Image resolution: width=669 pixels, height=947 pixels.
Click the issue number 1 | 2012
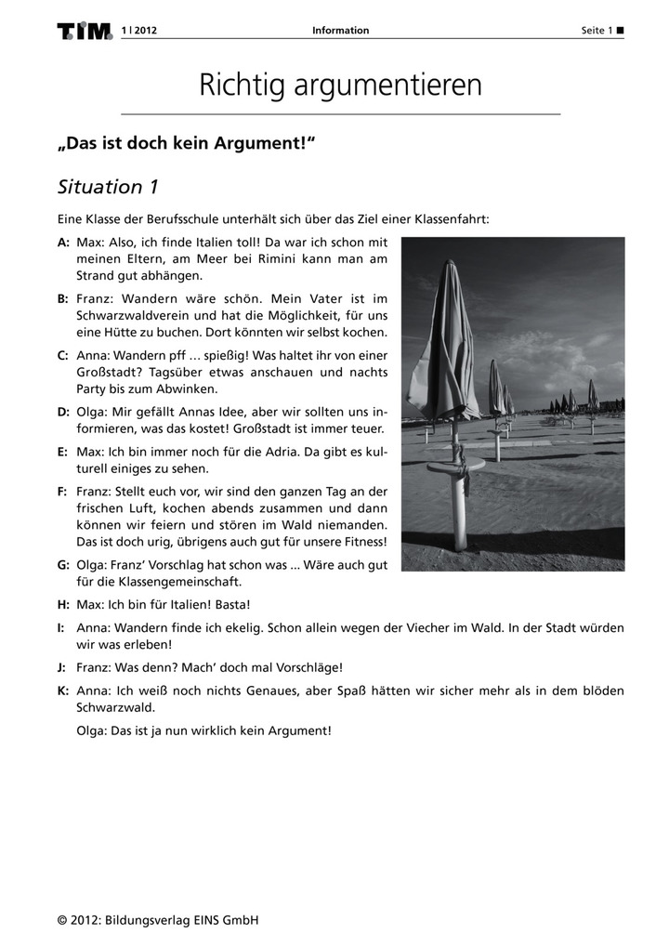[x=138, y=31]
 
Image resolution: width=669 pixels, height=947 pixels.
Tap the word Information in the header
[x=340, y=31]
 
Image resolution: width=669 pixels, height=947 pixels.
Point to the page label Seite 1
[x=597, y=31]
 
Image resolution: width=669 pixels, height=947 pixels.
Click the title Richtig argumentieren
[x=340, y=85]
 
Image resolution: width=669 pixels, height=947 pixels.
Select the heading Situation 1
[x=109, y=187]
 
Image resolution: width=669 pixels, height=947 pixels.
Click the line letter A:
[x=63, y=241]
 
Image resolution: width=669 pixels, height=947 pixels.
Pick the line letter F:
[x=62, y=490]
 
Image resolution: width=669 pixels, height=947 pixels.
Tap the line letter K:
[x=62, y=691]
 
